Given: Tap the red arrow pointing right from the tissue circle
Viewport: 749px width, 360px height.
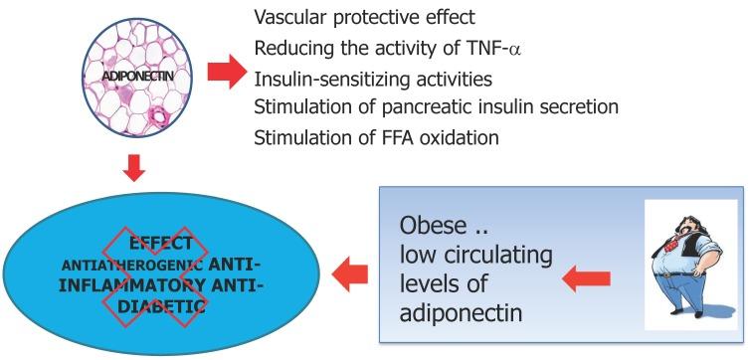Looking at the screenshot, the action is point(225,73).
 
